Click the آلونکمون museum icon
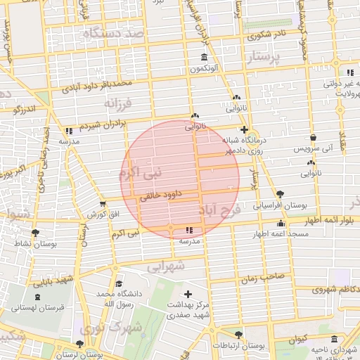coord(204,57)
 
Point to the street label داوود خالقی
coord(162,196)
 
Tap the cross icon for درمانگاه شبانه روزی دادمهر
coord(244,129)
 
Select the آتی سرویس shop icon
coord(313,138)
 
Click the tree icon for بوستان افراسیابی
coord(281,193)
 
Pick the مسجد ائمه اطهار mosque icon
coord(281,224)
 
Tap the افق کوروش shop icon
coord(103,203)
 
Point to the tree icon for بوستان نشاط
coord(35,232)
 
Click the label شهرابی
coord(167,266)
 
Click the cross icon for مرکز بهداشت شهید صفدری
coord(188,294)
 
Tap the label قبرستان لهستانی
coord(39,307)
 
